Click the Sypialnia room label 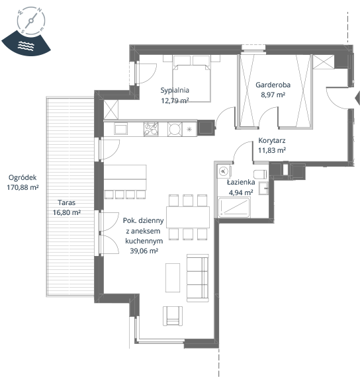[175, 91]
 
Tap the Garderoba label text [273, 85]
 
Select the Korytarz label [272, 140]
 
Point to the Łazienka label [241, 183]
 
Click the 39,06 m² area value [144, 251]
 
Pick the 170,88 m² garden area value [22, 187]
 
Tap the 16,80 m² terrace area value [67, 212]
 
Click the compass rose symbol [31, 21]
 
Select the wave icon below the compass [26, 46]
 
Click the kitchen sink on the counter [120, 129]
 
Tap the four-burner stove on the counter [151, 129]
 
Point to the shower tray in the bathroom [234, 208]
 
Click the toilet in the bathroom [260, 174]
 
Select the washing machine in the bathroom [224, 171]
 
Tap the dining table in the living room [188, 217]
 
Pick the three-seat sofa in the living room [198, 278]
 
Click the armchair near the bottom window [173, 316]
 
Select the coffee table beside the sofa [173, 278]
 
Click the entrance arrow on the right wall [357, 97]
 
